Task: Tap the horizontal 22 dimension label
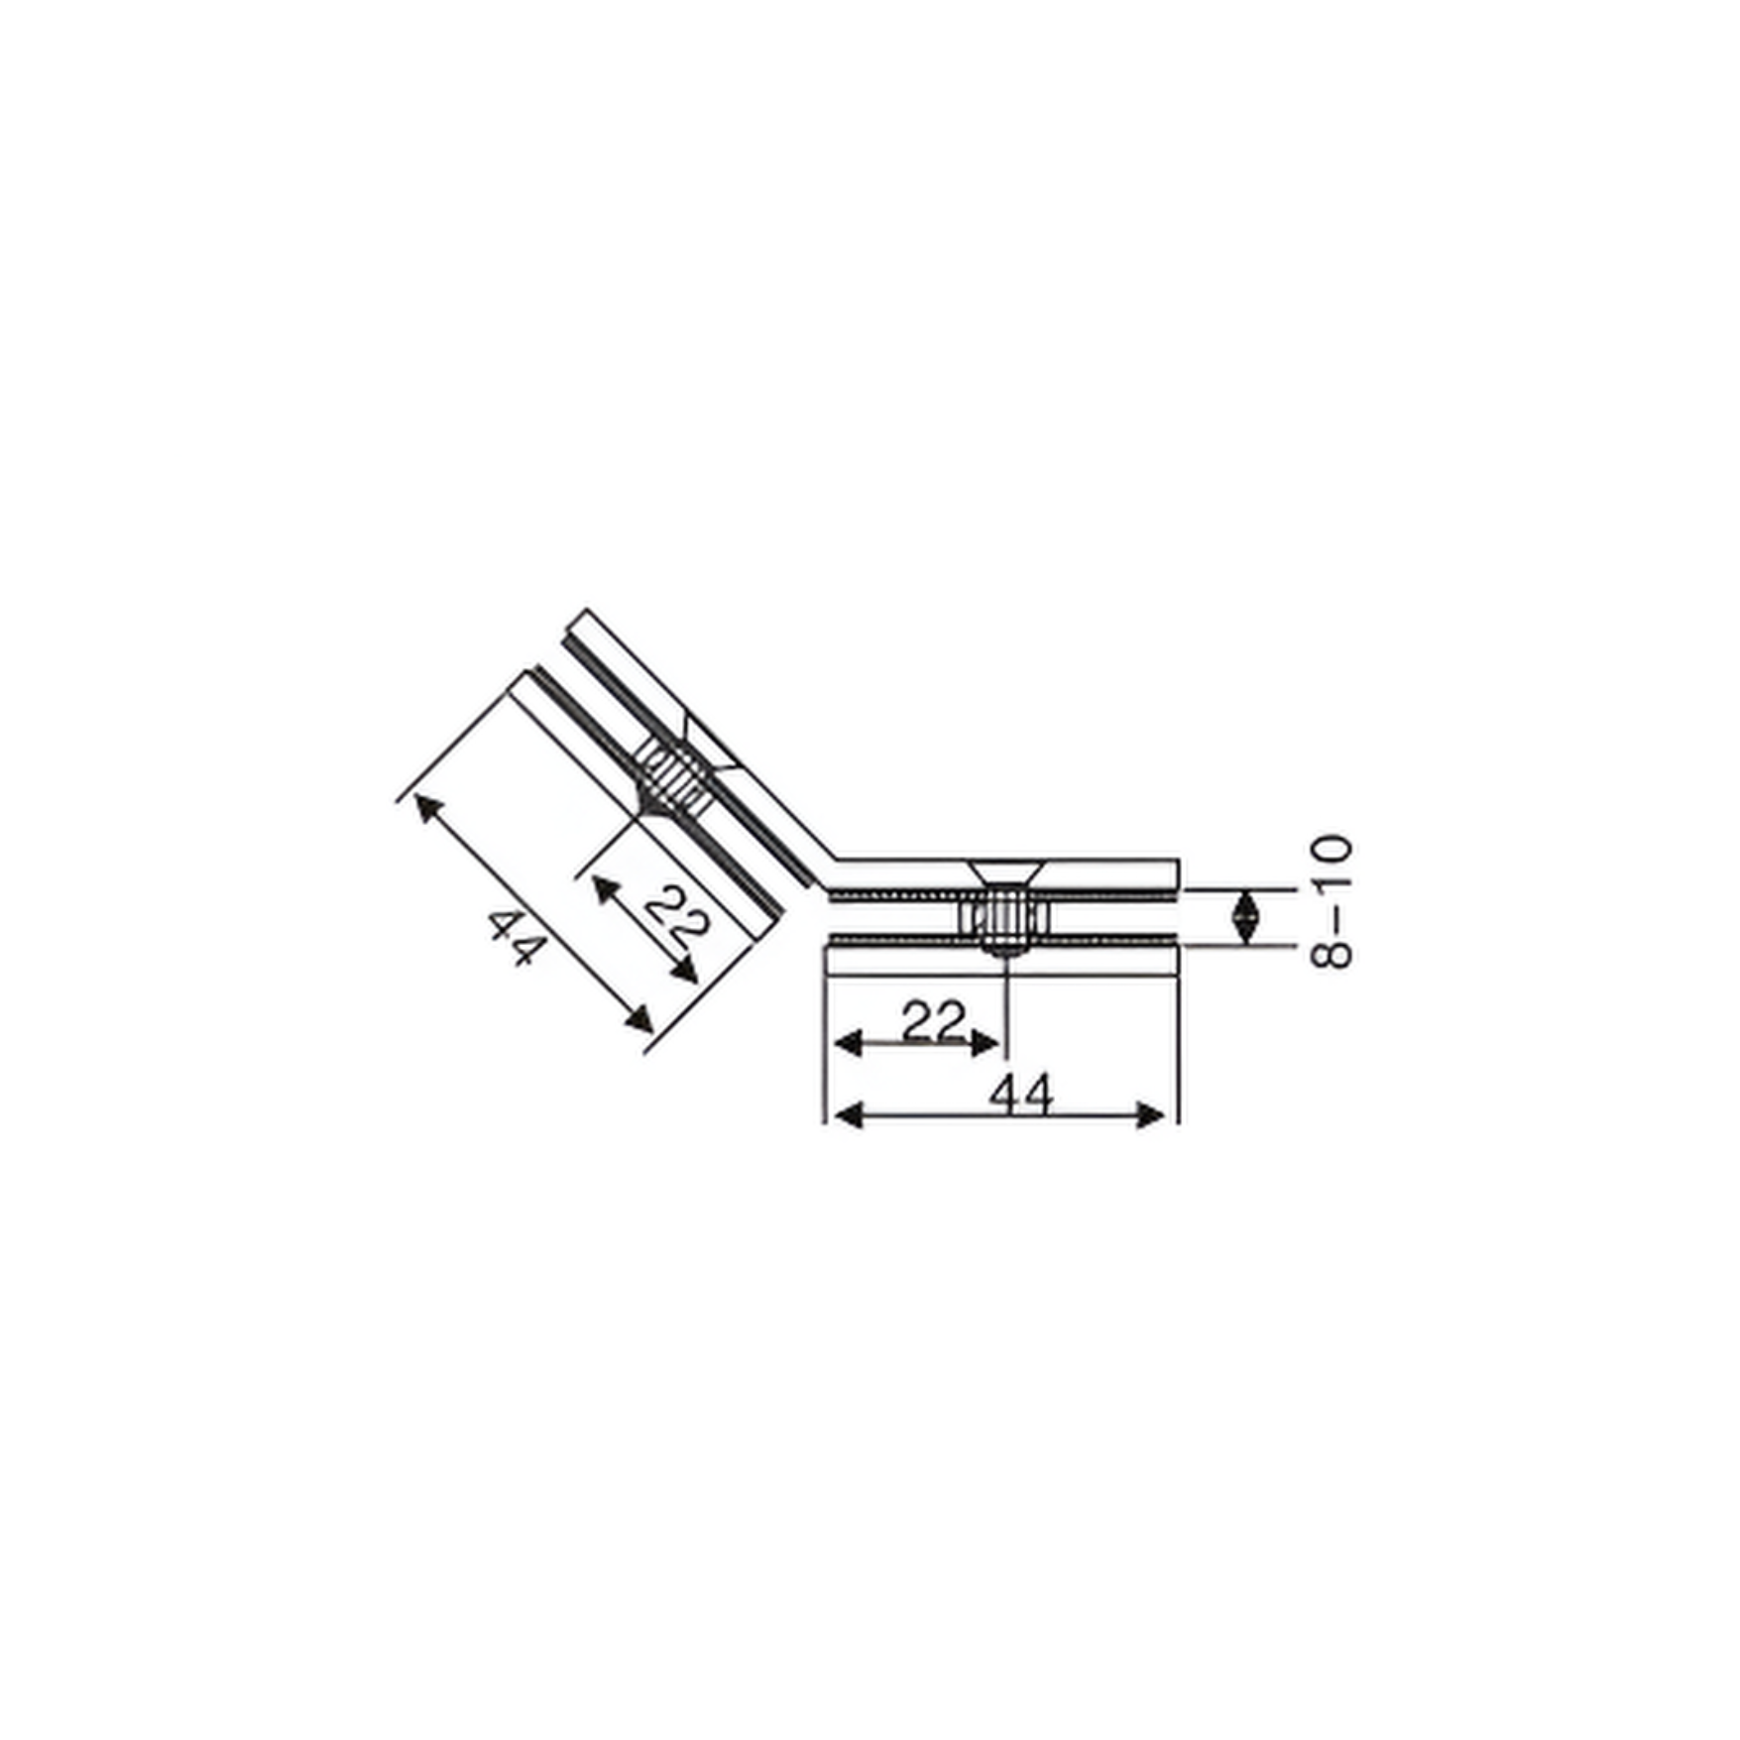click(x=933, y=1021)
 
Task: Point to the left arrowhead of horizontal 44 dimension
click(x=846, y=1115)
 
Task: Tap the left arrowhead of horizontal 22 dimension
click(x=846, y=1043)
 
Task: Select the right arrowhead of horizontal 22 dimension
click(x=987, y=1043)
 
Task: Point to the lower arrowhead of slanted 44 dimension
click(x=640, y=1019)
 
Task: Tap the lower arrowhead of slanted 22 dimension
click(x=685, y=971)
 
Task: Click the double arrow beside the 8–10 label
click(x=1245, y=917)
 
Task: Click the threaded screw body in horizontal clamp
click(x=1004, y=918)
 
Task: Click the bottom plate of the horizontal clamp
click(x=1001, y=960)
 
